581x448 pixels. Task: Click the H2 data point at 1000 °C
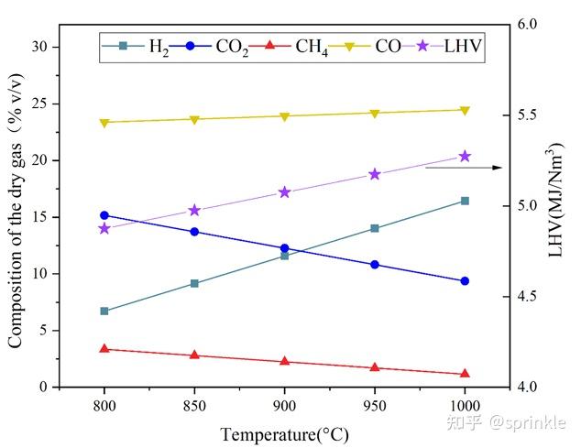(x=465, y=201)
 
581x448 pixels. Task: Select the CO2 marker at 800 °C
(x=104, y=215)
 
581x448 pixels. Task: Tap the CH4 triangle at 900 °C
(x=284, y=362)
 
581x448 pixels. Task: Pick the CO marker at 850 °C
(x=194, y=119)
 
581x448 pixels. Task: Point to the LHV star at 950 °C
(x=374, y=174)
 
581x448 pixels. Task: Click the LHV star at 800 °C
(x=104, y=228)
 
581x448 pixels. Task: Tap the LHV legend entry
(x=448, y=46)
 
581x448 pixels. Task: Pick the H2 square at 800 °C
(x=104, y=311)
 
